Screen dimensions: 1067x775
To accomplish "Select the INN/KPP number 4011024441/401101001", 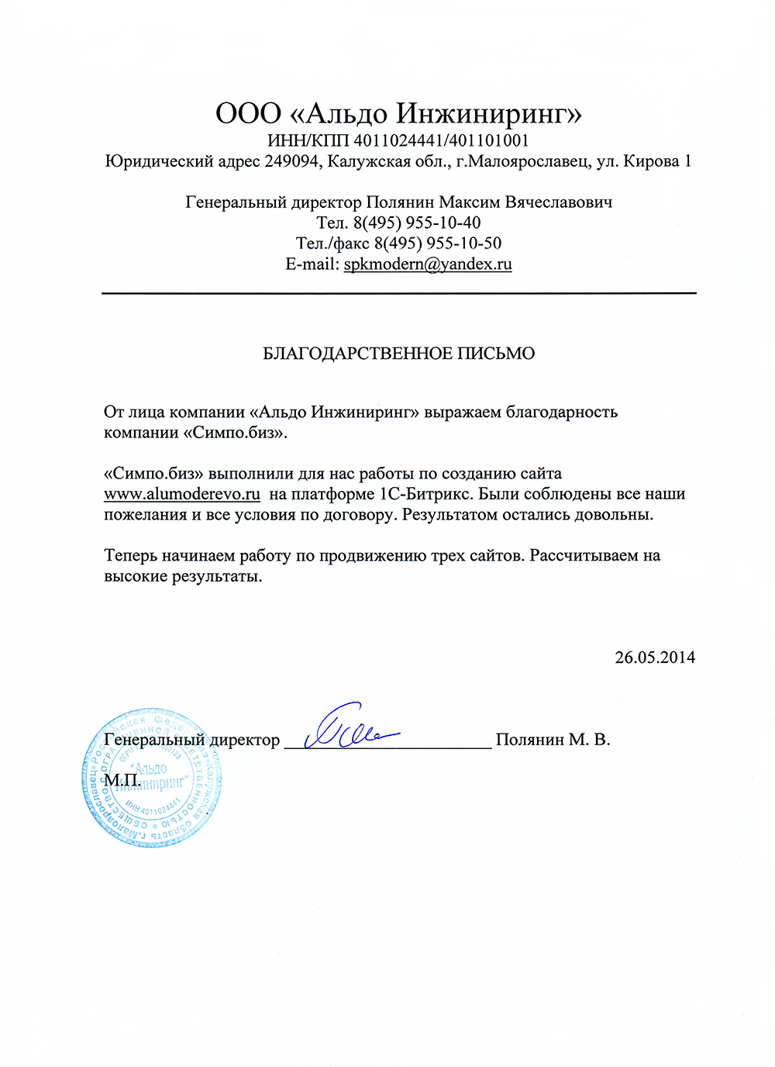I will pyautogui.click(x=442, y=141).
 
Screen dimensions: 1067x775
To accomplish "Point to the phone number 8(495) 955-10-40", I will pyautogui.click(x=417, y=223).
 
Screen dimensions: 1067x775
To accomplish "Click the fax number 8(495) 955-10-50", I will pyautogui.click(x=438, y=243).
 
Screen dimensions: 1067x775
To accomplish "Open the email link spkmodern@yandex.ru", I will pyautogui.click(x=428, y=264).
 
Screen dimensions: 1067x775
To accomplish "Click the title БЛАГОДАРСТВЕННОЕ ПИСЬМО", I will pyautogui.click(x=398, y=354).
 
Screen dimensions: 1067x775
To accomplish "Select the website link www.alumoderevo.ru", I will pyautogui.click(x=182, y=495).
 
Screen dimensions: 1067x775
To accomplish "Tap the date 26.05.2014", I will pyautogui.click(x=655, y=658).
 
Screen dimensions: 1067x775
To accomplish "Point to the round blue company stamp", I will pyautogui.click(x=151, y=778).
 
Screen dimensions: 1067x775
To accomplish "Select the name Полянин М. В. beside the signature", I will pyautogui.click(x=553, y=740).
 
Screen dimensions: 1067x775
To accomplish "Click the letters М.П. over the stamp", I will pyautogui.click(x=122, y=780).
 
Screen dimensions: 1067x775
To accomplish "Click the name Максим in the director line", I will pyautogui.click(x=470, y=202).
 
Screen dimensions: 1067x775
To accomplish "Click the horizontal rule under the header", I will pyautogui.click(x=398, y=293).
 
